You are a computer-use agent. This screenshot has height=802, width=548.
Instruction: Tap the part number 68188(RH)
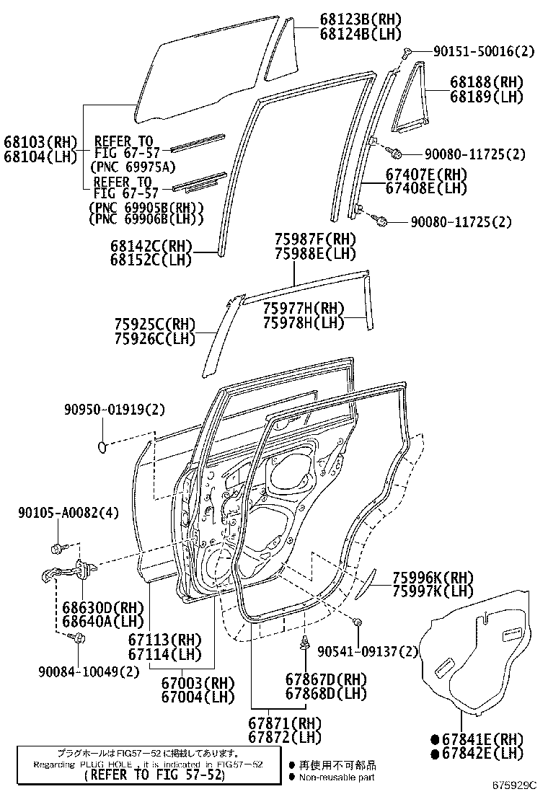[486, 83]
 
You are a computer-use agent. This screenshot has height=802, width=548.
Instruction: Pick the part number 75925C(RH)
[155, 325]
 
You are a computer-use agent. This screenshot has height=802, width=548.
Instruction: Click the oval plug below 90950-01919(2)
[103, 448]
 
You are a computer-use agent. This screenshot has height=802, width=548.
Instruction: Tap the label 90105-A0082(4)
[68, 513]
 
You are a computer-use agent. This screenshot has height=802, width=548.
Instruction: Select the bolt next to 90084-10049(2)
[79, 638]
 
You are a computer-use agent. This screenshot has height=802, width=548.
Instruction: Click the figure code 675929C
[516, 784]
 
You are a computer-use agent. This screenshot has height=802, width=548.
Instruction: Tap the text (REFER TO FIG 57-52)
[154, 776]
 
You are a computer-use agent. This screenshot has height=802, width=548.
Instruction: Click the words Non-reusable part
[337, 777]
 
